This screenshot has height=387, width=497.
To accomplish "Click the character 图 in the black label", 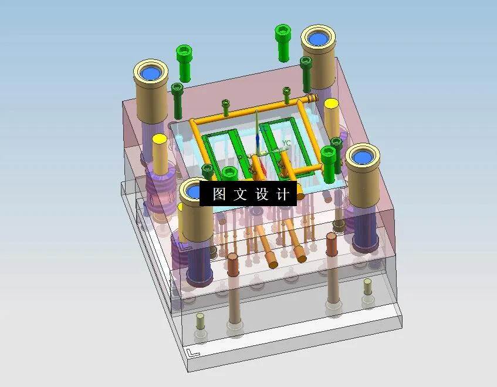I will [219, 194].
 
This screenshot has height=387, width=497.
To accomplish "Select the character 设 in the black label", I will [262, 194].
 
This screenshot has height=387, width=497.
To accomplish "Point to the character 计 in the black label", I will [283, 194].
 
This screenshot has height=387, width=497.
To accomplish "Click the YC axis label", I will [286, 143].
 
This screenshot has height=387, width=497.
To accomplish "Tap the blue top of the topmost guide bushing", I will [318, 39].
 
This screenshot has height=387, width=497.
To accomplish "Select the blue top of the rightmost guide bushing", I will [361, 158].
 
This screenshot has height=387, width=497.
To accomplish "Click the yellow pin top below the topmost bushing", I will [331, 104].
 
